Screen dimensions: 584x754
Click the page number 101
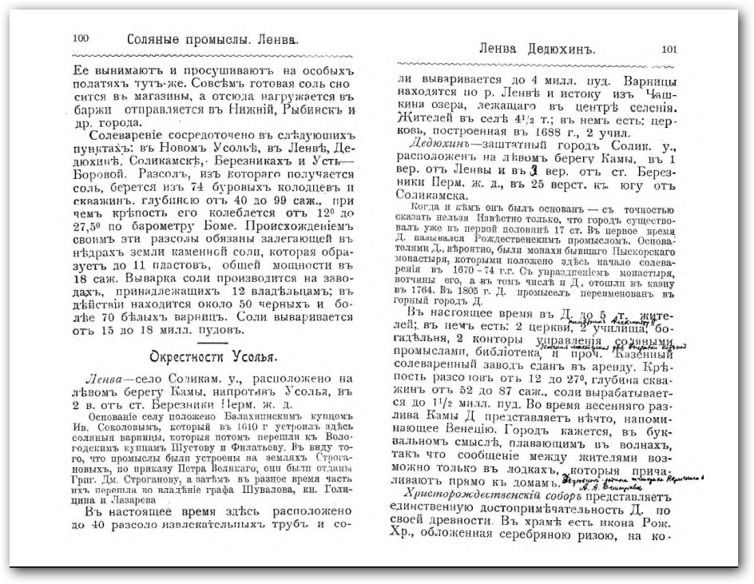pyautogui.click(x=669, y=49)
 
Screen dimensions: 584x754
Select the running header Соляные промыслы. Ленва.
pyautogui.click(x=212, y=38)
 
